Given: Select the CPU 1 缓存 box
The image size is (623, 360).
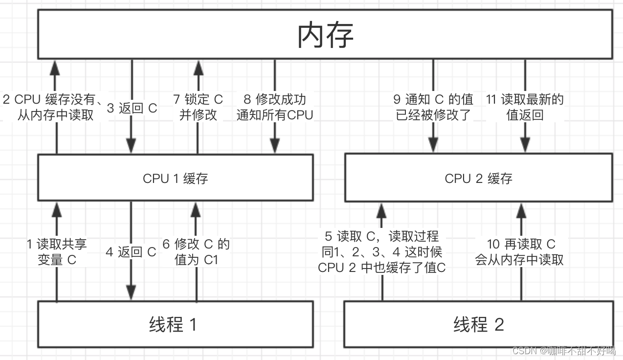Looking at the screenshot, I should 176,179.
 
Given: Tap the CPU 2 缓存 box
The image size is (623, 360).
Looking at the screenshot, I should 478,179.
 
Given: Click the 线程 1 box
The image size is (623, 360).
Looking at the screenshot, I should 176,324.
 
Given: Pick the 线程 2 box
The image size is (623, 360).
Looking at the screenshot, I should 478,324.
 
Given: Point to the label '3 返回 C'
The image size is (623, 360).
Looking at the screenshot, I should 132,108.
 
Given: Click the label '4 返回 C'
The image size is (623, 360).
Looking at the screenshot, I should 131,252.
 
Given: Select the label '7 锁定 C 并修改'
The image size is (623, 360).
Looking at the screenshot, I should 198,107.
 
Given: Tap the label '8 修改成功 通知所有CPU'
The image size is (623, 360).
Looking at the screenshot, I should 274,107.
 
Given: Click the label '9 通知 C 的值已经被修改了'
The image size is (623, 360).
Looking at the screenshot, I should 433,107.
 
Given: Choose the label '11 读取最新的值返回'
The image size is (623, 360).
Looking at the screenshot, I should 525,107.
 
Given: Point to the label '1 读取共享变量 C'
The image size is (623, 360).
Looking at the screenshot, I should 57,252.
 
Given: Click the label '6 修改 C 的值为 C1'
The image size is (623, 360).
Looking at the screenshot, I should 196,252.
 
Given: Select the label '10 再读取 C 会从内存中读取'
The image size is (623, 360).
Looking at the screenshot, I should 520,252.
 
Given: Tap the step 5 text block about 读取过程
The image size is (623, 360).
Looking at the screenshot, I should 382,252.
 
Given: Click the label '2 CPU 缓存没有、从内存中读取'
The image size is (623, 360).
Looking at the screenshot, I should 53,107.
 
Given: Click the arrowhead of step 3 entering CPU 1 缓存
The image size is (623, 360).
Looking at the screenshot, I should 131,147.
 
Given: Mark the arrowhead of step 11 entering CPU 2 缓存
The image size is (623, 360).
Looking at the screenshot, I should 525,145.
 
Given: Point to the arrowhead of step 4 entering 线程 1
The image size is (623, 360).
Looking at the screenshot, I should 131,292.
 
